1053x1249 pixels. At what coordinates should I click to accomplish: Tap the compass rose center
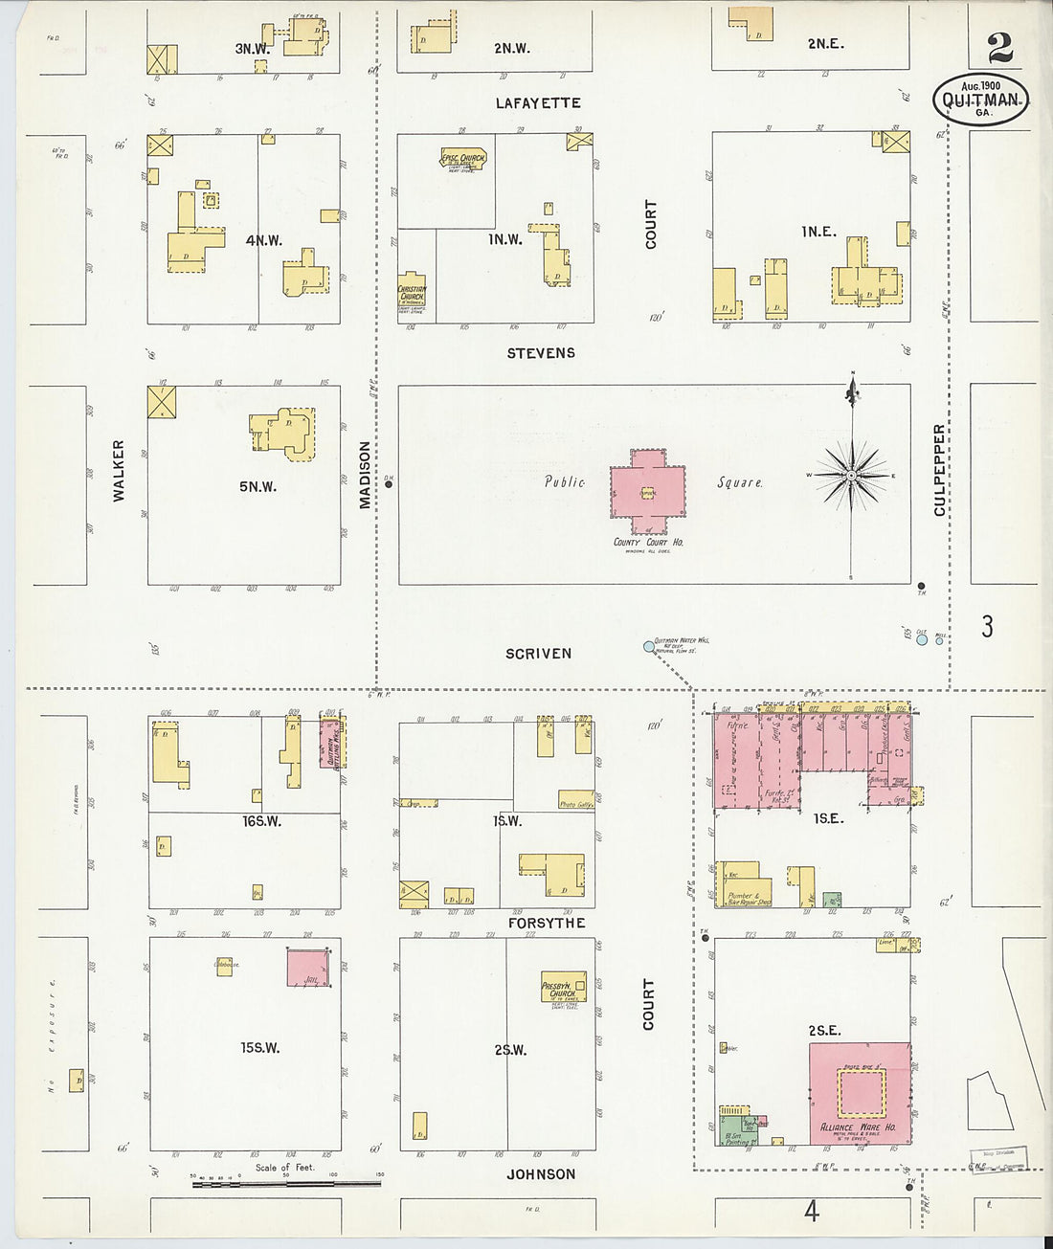pyautogui.click(x=851, y=475)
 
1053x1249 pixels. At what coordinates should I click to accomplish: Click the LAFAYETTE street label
pyautogui.click(x=538, y=102)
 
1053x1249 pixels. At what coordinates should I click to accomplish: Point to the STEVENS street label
pyautogui.click(x=541, y=352)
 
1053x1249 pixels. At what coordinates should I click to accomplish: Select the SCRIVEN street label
pyautogui.click(x=538, y=654)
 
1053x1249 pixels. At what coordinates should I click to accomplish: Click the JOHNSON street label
pyautogui.click(x=541, y=1174)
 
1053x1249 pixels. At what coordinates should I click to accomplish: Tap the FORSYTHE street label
pyautogui.click(x=547, y=923)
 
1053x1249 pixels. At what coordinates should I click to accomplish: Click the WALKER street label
pyautogui.click(x=119, y=471)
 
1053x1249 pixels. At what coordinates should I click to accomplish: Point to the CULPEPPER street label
pyautogui.click(x=940, y=469)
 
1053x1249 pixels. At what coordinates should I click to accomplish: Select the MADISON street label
pyautogui.click(x=365, y=475)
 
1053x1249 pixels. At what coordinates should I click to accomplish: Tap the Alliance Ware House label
pyautogui.click(x=859, y=1127)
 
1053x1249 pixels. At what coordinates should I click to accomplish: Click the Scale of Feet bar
pyautogui.click(x=286, y=1184)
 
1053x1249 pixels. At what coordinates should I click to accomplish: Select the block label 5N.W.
pyautogui.click(x=258, y=486)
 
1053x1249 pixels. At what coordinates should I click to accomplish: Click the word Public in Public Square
pyautogui.click(x=565, y=481)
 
